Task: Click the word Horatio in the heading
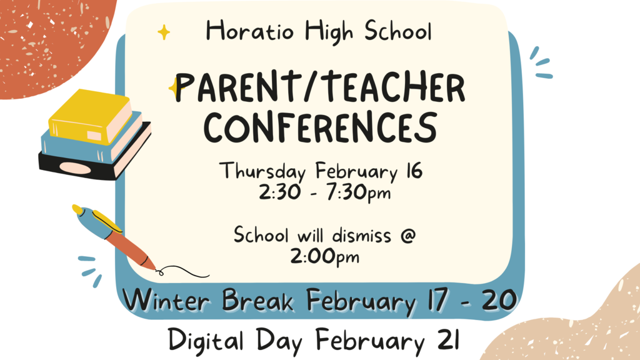(x=250, y=31)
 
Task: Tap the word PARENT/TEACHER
(x=320, y=87)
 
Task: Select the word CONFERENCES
(x=321, y=127)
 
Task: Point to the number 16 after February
(x=414, y=170)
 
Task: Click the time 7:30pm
(x=358, y=192)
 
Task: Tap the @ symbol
(x=407, y=236)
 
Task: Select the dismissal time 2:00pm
(x=325, y=257)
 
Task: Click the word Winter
(x=166, y=300)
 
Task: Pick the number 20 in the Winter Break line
(x=499, y=300)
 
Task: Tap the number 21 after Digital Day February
(x=448, y=339)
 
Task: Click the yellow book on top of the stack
(x=91, y=117)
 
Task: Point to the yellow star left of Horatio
(x=164, y=32)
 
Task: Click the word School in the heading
(x=397, y=31)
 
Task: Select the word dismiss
(x=361, y=236)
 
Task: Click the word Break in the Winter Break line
(x=258, y=300)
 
